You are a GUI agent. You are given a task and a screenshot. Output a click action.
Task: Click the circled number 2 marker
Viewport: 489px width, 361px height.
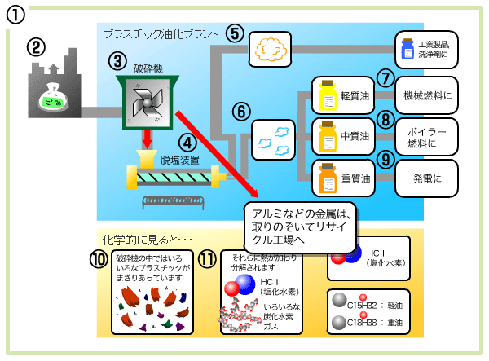click(36, 46)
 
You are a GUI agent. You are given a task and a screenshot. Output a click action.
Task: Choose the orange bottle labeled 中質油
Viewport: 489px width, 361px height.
click(328, 135)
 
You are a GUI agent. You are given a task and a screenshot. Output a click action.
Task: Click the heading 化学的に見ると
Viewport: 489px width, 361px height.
click(146, 240)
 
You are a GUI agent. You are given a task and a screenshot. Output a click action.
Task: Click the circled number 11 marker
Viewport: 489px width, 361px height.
click(209, 259)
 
